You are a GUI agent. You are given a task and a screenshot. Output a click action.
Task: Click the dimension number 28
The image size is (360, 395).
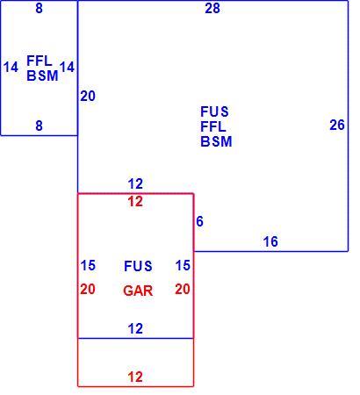pos(212,8)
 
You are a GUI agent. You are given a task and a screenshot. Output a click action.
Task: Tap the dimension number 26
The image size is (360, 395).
pos(337,125)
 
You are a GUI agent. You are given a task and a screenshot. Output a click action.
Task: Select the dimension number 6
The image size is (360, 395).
pos(199,221)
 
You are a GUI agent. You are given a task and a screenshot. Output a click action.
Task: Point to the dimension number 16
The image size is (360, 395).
pos(270,241)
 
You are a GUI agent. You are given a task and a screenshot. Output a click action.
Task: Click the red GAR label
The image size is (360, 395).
pos(138,291)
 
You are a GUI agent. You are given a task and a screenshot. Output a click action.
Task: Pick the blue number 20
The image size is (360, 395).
pos(88,96)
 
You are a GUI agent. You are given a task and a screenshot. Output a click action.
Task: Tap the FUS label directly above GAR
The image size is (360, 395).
pos(138,266)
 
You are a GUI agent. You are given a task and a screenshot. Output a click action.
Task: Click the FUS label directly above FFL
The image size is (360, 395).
pos(214,111)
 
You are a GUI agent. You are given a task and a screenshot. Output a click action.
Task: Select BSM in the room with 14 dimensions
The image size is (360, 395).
pos(42,75)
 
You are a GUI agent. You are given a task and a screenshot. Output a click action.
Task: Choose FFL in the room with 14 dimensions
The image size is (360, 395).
pos(40,61)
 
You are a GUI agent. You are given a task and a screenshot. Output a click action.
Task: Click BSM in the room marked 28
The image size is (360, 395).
pos(216,141)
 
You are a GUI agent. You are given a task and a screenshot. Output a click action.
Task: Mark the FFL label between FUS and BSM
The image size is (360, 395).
pos(213,126)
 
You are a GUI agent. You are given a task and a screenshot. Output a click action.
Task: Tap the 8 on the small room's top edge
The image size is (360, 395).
pos(39,8)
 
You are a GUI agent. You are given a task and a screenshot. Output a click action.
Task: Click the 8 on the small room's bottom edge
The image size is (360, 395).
pos(39,126)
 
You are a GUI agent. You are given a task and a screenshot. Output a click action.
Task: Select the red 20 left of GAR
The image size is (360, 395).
pos(88,289)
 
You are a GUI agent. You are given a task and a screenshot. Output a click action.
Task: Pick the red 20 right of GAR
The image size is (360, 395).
pos(183,289)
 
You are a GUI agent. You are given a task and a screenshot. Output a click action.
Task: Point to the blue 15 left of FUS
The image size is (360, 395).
pos(88,265)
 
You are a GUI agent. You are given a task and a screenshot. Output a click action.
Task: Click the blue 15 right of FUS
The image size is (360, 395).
pos(183,265)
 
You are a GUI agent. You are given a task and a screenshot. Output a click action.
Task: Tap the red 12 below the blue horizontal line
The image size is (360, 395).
pos(135,377)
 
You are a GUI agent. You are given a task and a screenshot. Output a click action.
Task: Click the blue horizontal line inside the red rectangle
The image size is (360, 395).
pos(135,339)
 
